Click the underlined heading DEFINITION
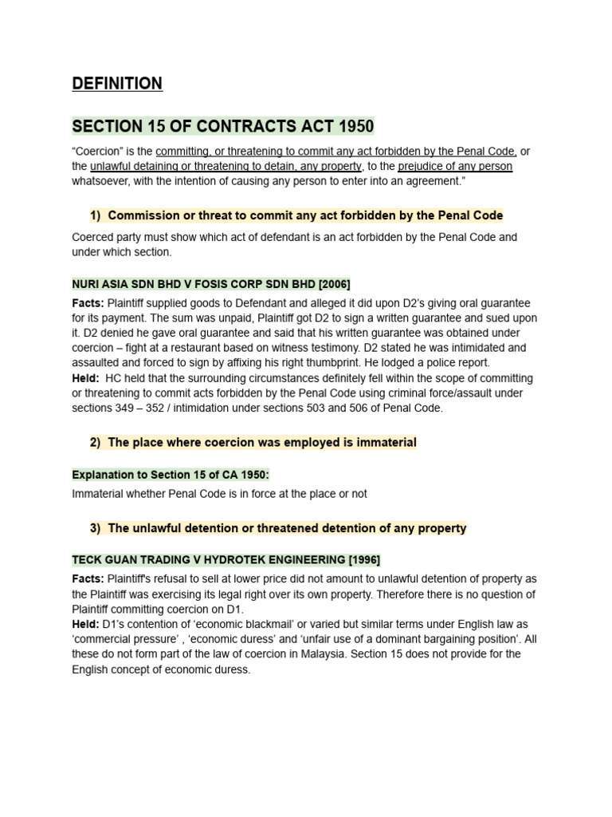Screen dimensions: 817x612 (117, 84)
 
